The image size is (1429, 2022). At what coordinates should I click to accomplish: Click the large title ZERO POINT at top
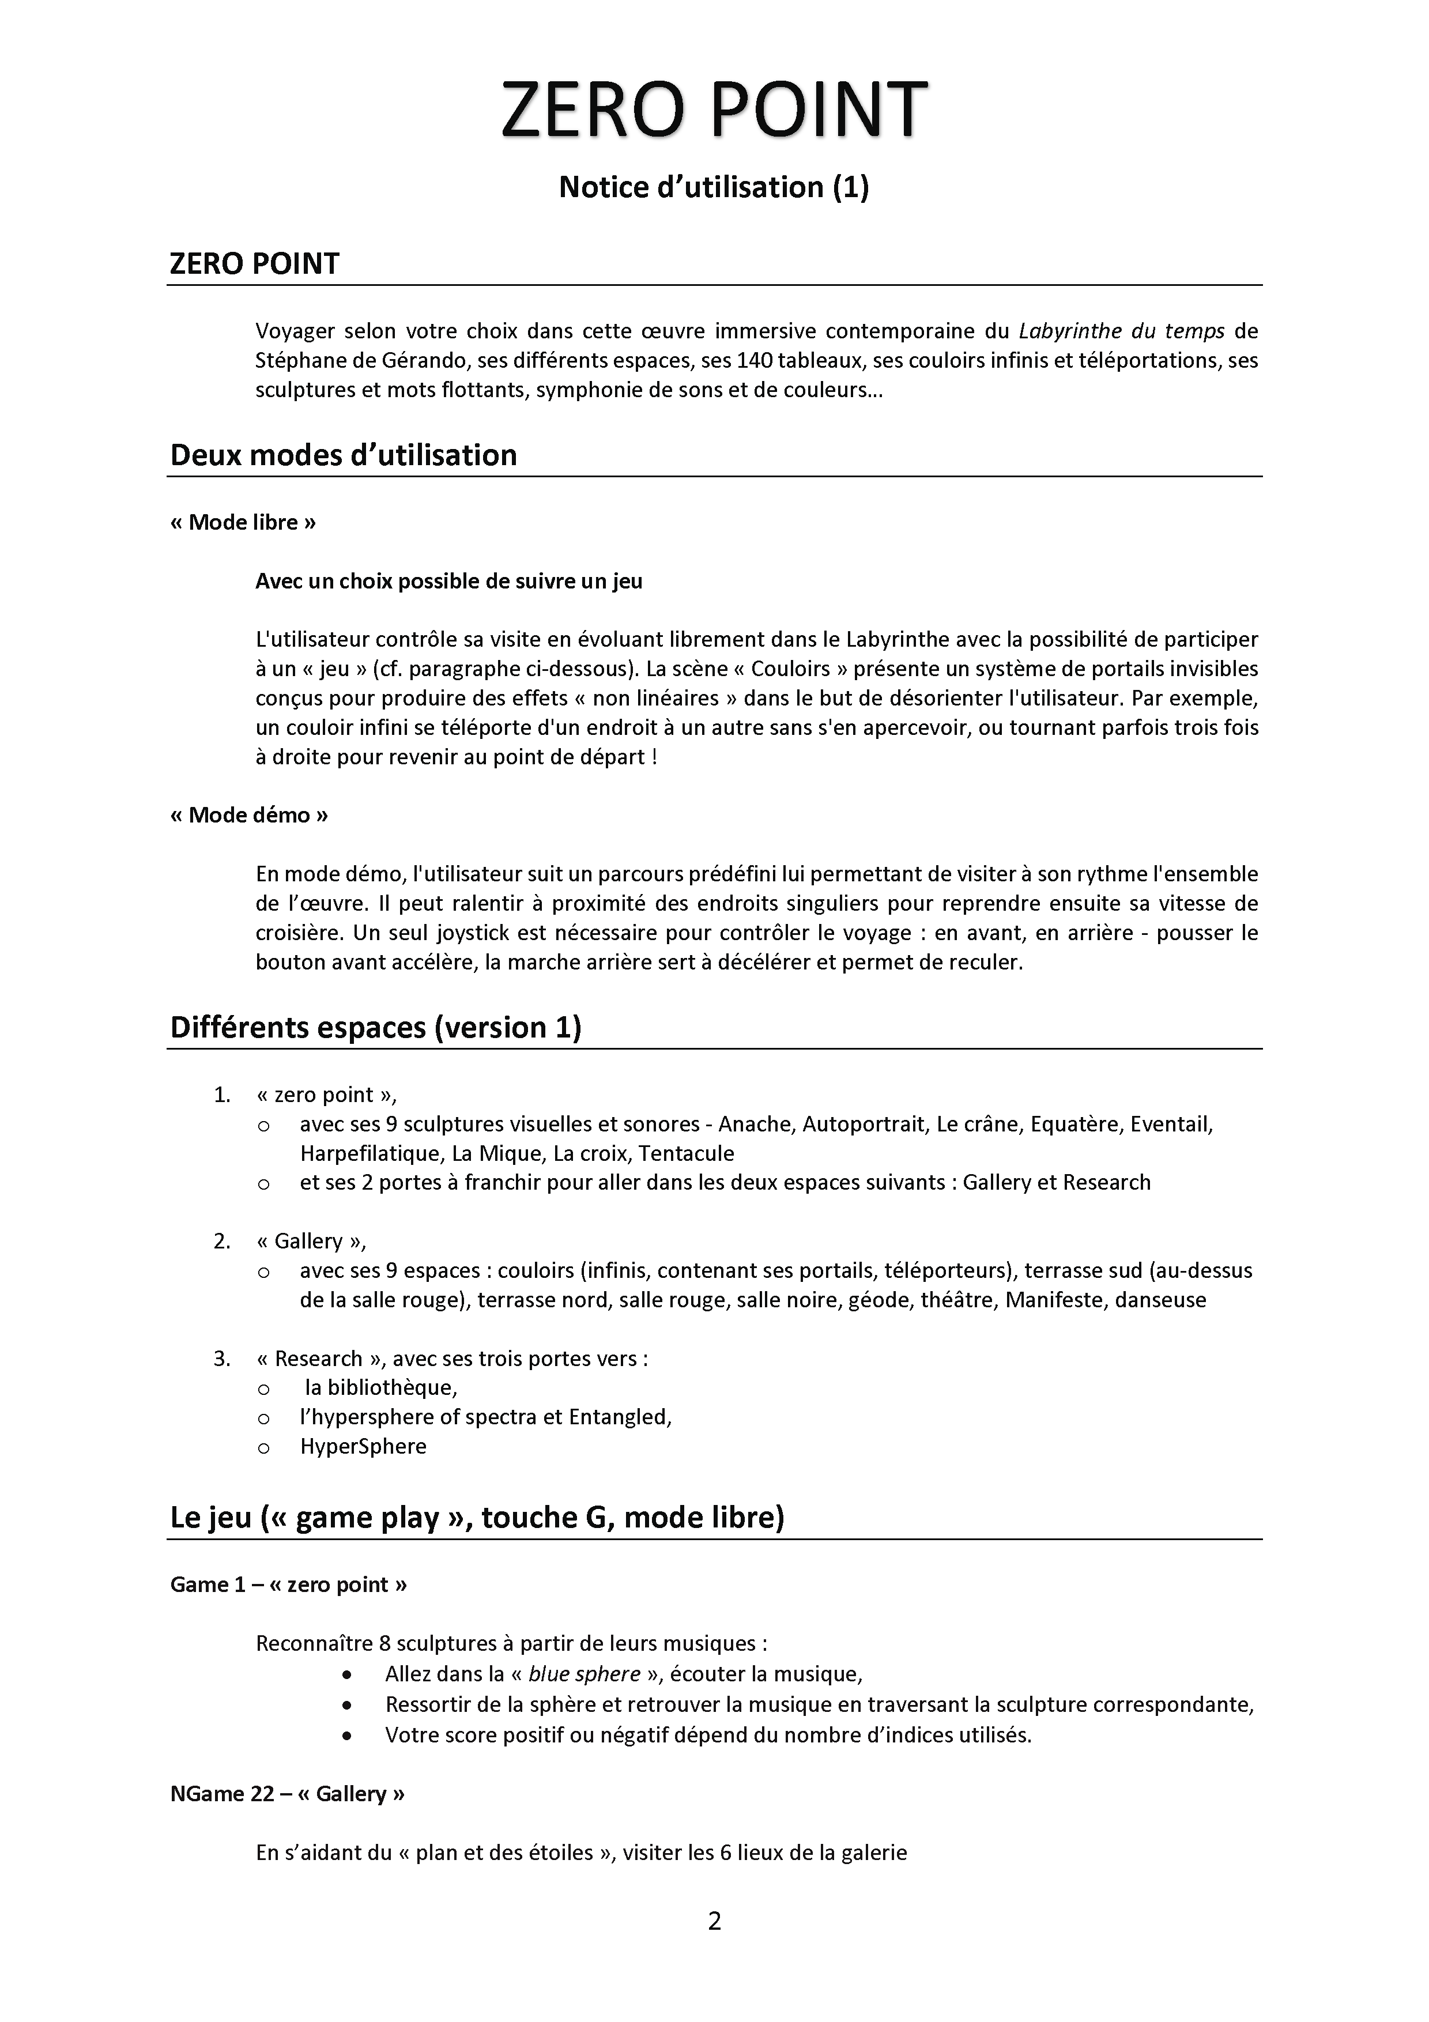714,110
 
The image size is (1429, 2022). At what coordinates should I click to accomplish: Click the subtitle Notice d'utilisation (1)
714,187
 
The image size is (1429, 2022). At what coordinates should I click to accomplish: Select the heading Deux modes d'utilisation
344,455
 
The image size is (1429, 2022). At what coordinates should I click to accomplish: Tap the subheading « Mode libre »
243,522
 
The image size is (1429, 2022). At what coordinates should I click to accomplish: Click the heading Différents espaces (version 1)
376,1028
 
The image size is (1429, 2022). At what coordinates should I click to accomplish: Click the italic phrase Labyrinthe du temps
1121,331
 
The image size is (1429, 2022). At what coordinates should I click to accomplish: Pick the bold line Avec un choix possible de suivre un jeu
449,581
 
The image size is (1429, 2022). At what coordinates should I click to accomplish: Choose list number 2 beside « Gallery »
221,1241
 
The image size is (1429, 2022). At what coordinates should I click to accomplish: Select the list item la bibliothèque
380,1388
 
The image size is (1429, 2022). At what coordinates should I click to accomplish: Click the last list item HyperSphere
363,1446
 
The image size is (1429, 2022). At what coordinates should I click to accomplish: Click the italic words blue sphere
584,1674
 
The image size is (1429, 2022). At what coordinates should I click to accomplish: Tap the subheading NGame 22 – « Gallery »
288,1794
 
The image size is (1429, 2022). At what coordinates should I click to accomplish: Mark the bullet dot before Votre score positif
349,1736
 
